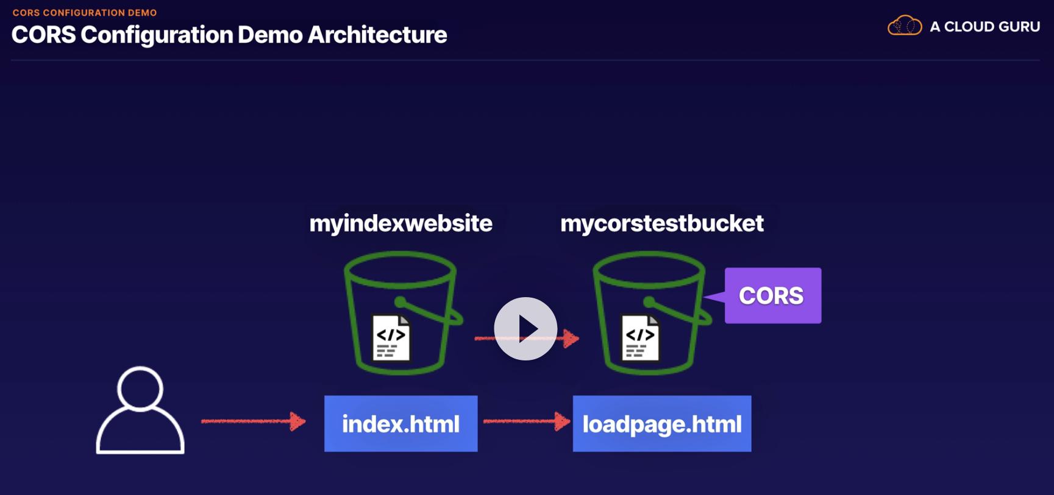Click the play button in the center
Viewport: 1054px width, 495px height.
click(525, 329)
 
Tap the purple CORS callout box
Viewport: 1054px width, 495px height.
click(772, 295)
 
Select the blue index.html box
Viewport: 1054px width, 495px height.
click(401, 424)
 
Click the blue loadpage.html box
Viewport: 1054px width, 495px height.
click(662, 424)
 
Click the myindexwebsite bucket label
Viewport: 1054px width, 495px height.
click(401, 223)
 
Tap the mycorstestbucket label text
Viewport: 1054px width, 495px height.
click(662, 223)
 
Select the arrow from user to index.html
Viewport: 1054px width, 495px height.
click(254, 421)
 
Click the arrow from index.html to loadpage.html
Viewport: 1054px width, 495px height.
click(527, 421)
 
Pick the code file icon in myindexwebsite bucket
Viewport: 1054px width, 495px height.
click(391, 337)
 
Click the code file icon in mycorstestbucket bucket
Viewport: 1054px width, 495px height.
click(640, 337)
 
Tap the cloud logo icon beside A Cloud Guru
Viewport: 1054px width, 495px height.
click(905, 26)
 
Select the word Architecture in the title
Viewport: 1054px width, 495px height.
click(377, 35)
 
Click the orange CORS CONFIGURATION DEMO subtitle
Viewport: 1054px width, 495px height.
click(85, 13)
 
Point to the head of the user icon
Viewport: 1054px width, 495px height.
click(140, 388)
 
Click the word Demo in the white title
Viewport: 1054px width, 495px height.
click(270, 35)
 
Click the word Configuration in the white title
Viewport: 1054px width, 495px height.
click(157, 35)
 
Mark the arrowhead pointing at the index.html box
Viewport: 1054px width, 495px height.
click(298, 421)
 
